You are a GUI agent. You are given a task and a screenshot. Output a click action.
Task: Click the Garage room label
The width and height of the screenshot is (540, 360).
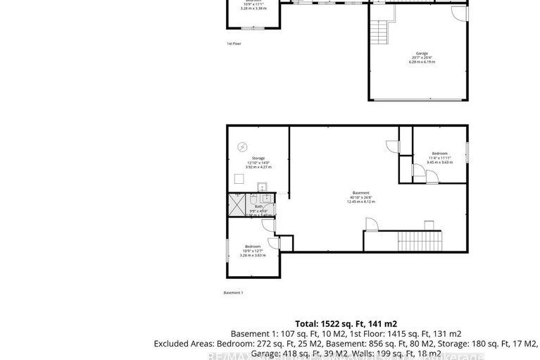422,53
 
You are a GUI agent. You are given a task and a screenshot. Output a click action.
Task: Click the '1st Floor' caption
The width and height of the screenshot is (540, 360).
234,44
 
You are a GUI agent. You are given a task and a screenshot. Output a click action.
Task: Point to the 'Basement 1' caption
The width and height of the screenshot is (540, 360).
233,292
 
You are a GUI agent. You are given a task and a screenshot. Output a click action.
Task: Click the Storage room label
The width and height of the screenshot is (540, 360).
258,158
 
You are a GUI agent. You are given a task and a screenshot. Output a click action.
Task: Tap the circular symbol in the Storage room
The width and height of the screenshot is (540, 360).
242,146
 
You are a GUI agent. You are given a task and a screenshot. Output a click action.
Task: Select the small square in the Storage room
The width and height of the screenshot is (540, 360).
239,179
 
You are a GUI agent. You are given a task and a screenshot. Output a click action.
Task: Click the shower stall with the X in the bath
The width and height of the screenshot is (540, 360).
234,204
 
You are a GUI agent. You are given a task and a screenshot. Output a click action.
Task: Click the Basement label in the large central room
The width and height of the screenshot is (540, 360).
360,193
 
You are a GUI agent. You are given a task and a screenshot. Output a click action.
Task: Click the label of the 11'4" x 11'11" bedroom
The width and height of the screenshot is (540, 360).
439,153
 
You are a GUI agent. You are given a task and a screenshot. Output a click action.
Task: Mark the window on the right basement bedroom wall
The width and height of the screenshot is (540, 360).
467,153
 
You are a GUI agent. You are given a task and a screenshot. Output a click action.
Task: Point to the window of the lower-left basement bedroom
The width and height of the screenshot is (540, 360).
227,249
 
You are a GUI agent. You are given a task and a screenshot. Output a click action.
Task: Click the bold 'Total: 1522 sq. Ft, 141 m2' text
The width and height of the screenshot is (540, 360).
346,323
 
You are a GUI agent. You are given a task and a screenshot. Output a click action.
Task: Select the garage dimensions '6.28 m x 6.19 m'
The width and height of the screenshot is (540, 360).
422,62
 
